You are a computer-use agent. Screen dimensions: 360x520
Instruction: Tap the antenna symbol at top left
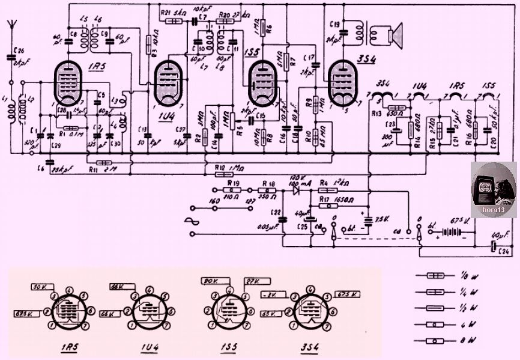click(x=11, y=27)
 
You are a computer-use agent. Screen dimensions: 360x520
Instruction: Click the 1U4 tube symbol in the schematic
click(x=168, y=84)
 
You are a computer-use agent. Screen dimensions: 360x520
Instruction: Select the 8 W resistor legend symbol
click(x=436, y=341)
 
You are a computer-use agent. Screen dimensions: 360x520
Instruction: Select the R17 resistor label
click(x=325, y=198)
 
